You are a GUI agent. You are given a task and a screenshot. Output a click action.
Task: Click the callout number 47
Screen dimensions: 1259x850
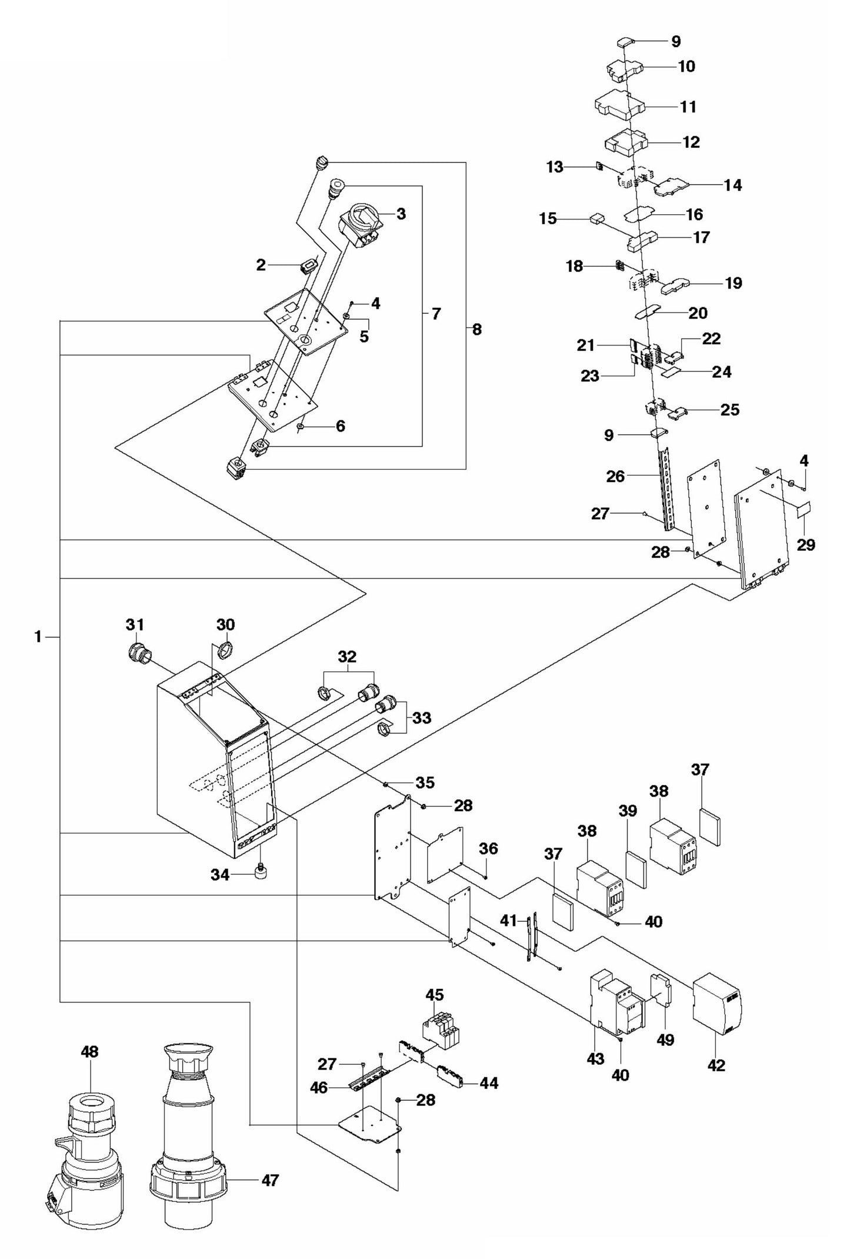270,1180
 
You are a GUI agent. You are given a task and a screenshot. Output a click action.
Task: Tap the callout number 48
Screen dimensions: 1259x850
90,1051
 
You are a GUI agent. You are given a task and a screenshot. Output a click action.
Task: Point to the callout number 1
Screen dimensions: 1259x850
38,636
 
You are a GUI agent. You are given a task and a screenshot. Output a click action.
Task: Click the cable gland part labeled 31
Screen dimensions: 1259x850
139,653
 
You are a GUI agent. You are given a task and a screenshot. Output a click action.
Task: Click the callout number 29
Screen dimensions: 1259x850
806,544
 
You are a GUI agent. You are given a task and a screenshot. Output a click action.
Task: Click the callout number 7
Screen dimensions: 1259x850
436,314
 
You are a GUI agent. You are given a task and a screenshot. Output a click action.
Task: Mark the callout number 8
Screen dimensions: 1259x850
476,330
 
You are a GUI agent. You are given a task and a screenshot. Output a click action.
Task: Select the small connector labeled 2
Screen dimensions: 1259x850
307,267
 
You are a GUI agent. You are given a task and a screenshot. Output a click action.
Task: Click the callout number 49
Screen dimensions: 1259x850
665,1039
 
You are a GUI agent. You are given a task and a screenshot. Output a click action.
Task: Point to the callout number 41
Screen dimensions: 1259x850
509,919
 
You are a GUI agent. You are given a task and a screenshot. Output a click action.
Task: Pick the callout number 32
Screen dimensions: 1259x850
348,656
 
